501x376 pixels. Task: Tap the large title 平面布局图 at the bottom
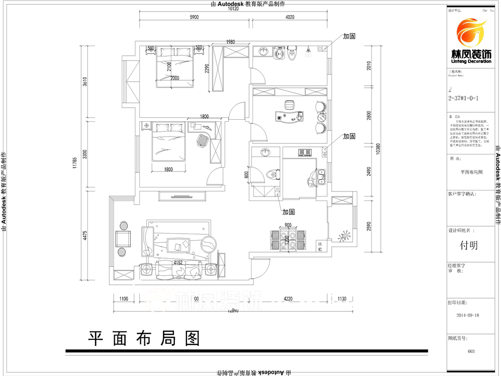144,339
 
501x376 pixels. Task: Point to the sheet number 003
470,351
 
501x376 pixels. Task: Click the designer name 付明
469,245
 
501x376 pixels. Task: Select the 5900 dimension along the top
194,17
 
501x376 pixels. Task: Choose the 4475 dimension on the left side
85,235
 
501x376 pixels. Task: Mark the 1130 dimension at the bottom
342,299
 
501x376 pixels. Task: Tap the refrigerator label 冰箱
320,246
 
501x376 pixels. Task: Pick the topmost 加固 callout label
349,36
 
